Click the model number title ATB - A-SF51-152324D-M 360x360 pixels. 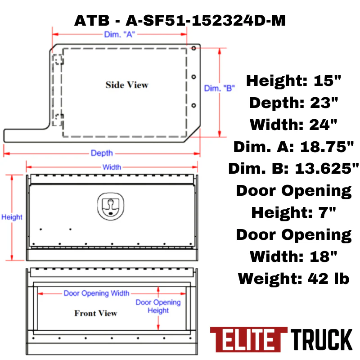pyautogui.click(x=180, y=20)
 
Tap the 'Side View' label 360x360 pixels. pyautogui.click(x=127, y=85)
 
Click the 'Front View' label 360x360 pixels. pyautogui.click(x=96, y=313)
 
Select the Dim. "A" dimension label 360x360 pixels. pyautogui.click(x=119, y=35)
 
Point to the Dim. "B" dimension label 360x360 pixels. pyautogui.click(x=220, y=88)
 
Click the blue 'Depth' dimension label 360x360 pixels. pyautogui.click(x=102, y=153)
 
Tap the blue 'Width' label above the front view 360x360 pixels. pyautogui.click(x=112, y=167)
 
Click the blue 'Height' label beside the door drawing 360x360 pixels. pyautogui.click(x=12, y=217)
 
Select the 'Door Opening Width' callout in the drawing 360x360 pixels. pyautogui.click(x=97, y=293)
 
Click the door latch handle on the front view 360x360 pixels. pyautogui.click(x=111, y=207)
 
